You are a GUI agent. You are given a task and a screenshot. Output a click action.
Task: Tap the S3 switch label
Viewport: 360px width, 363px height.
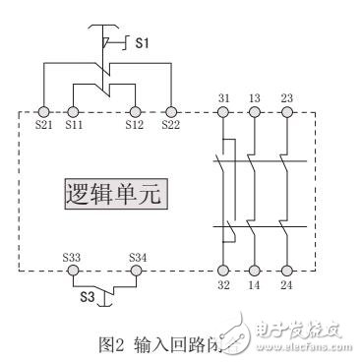click(88, 295)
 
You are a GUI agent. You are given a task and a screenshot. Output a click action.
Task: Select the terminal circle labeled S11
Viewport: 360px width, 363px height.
click(75, 113)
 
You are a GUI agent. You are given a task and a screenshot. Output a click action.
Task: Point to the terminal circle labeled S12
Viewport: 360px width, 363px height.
click(135, 113)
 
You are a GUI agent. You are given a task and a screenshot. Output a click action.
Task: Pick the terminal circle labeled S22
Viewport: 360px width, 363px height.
click(170, 113)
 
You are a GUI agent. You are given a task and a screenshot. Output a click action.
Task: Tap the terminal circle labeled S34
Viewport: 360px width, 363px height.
click(138, 270)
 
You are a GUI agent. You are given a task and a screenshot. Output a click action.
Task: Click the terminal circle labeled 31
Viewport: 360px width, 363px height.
click(223, 113)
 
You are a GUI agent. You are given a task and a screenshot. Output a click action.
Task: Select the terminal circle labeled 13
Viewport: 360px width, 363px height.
click(255, 113)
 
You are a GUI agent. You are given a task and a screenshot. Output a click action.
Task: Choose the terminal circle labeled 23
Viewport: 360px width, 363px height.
click(286, 113)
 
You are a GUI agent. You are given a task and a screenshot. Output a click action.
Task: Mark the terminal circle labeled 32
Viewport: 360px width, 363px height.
click(223, 270)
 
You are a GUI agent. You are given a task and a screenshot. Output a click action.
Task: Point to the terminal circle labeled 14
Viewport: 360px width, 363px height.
click(255, 270)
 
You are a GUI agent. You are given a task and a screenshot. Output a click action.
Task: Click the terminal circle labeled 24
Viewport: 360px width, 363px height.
click(286, 270)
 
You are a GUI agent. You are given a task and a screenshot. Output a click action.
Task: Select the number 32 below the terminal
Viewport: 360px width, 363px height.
click(223, 286)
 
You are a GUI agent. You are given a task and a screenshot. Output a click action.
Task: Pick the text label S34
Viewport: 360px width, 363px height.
click(138, 256)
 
